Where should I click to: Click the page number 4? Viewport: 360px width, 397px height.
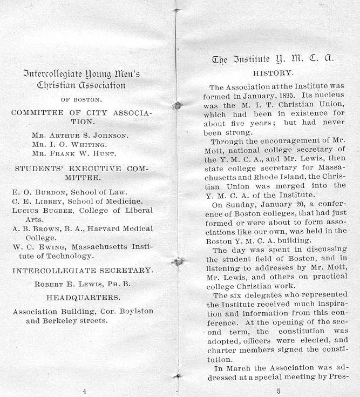point(84,391)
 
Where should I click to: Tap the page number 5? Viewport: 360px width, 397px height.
point(279,391)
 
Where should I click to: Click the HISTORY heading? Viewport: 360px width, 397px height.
point(273,72)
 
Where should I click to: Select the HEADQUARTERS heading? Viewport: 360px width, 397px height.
point(83,297)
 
